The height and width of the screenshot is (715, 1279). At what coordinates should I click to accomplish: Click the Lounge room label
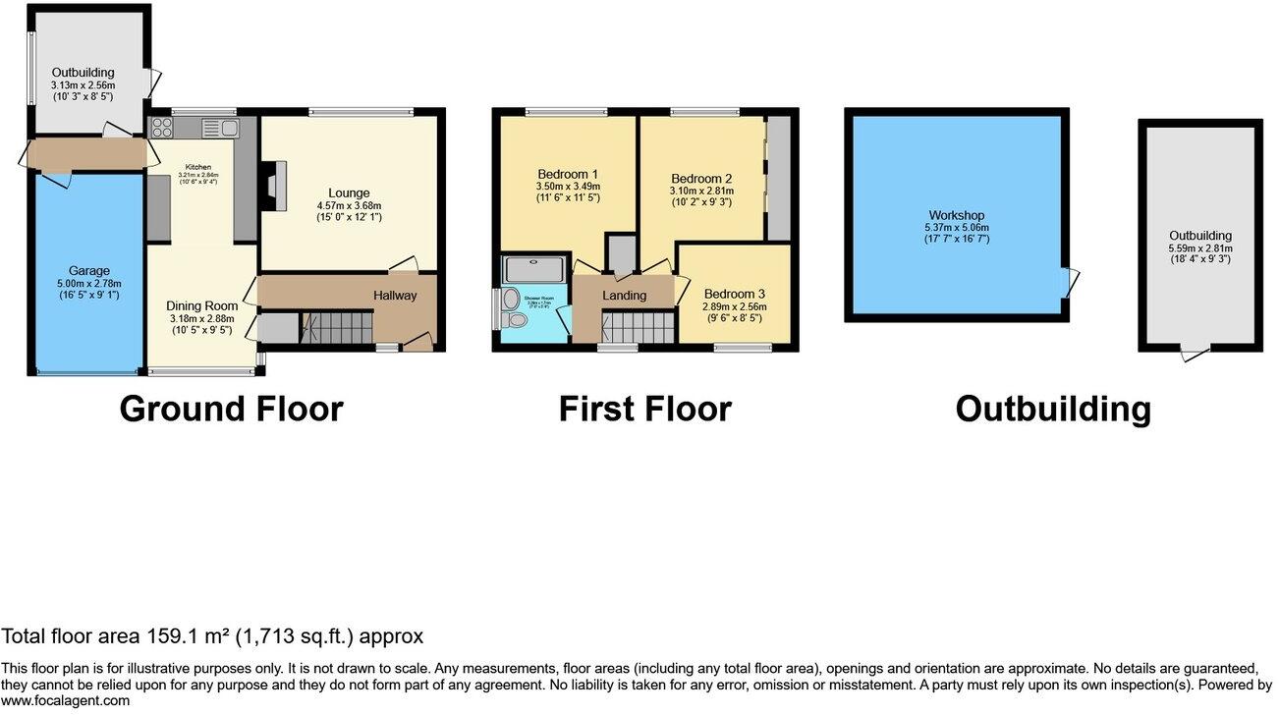349,192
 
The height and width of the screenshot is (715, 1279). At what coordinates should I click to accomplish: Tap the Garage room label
88,271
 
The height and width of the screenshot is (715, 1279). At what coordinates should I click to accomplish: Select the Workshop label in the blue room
957,215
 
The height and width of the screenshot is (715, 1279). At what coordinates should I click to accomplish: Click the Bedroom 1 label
568,174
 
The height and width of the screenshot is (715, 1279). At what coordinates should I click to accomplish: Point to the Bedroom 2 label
701,178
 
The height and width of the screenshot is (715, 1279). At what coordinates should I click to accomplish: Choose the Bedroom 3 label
735,294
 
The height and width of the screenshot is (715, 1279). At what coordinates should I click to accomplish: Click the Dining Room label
201,305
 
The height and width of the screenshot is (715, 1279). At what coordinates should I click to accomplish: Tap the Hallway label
395,296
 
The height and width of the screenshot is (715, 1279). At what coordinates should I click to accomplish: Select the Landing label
624,296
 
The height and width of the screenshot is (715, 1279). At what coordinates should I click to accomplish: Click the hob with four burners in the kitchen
161,128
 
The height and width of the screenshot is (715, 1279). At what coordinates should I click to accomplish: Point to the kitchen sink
221,128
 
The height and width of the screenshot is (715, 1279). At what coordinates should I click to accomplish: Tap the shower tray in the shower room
529,268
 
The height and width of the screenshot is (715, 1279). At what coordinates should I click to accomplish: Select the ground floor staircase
337,328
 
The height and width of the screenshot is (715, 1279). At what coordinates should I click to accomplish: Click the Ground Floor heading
231,409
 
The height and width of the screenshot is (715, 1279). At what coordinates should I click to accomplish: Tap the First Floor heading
644,409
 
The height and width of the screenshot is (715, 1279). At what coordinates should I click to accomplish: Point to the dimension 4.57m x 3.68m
349,205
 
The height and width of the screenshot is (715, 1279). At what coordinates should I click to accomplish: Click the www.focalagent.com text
65,700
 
